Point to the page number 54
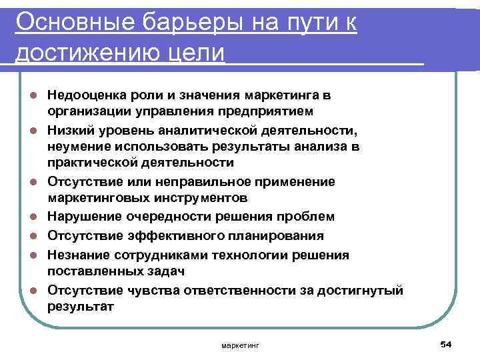(446, 344)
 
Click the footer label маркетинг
(241, 345)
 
